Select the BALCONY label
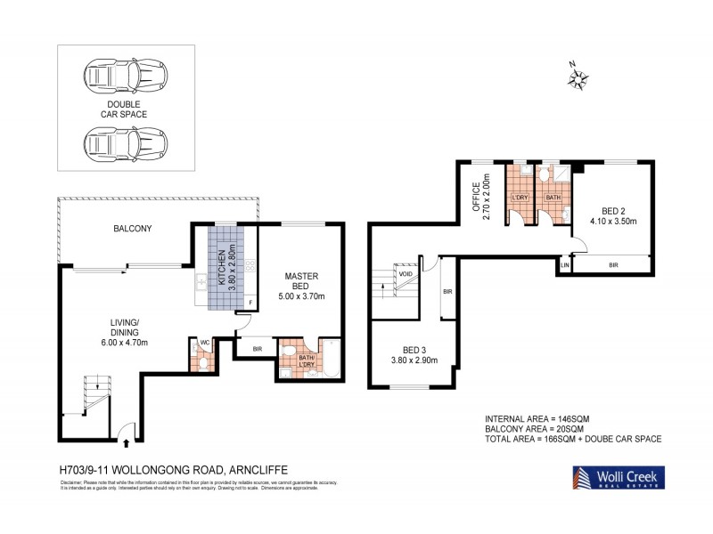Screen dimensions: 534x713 132,229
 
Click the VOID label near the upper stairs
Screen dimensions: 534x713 406,275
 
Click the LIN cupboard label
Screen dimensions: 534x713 564,264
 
